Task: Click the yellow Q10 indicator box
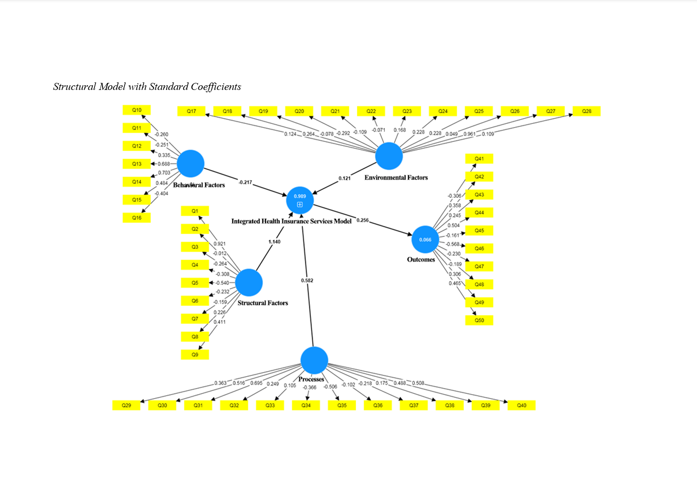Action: pyautogui.click(x=136, y=110)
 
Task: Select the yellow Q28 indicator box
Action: pyautogui.click(x=586, y=112)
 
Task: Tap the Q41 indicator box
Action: pyautogui.click(x=479, y=159)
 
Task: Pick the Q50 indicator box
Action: pyautogui.click(x=479, y=321)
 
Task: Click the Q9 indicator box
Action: pyautogui.click(x=195, y=355)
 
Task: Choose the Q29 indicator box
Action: pyautogui.click(x=126, y=406)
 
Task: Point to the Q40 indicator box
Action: pyautogui.click(x=522, y=406)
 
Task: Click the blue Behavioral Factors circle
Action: pyautogui.click(x=190, y=163)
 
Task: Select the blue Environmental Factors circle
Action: pyautogui.click(x=389, y=156)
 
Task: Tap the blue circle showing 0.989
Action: pyautogui.click(x=300, y=200)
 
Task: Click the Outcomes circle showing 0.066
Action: pyautogui.click(x=425, y=240)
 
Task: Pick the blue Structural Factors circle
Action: pyautogui.click(x=249, y=283)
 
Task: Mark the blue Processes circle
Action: pyautogui.click(x=314, y=360)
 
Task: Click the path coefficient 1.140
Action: pyautogui.click(x=274, y=242)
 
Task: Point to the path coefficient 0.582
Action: pyautogui.click(x=307, y=281)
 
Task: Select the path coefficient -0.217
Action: pyautogui.click(x=245, y=182)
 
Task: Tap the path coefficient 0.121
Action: pyautogui.click(x=344, y=179)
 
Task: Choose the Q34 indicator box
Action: pyautogui.click(x=306, y=406)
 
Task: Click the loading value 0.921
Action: pyautogui.click(x=220, y=244)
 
